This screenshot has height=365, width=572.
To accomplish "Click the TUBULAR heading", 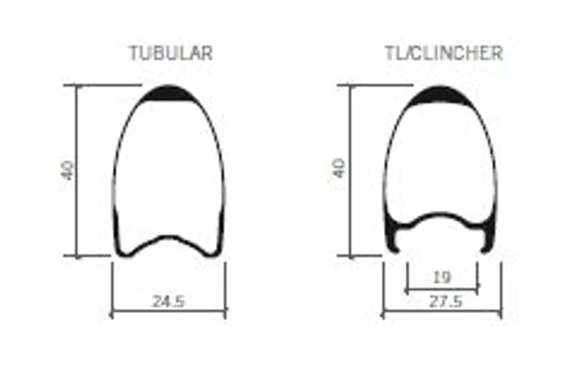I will click(170, 54).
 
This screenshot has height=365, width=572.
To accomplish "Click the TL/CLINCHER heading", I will click(443, 54).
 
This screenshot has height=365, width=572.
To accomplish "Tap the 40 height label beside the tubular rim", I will click(68, 170).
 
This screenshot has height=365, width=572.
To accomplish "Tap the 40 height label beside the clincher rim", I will click(339, 169).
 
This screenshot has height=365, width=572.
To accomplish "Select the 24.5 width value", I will click(169, 301).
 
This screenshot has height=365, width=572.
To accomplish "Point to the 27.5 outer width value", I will click(443, 301).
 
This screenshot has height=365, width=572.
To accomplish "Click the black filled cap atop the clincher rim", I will click(441, 94).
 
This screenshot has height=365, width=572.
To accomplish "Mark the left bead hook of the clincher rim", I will click(394, 242).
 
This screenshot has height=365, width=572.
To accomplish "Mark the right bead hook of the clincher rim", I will click(489, 242).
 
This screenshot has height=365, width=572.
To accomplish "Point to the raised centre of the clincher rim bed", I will click(442, 215).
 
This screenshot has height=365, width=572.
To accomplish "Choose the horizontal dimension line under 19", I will click(442, 289).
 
